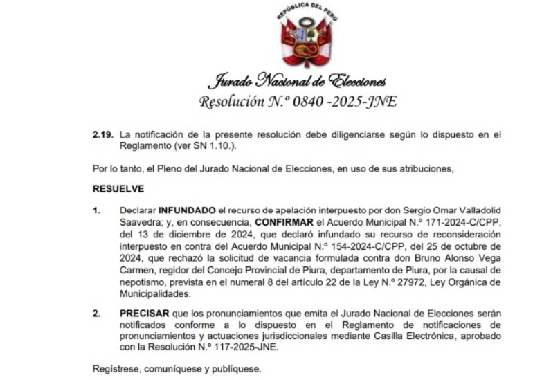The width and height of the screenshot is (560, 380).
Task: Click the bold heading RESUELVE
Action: [118, 188]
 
